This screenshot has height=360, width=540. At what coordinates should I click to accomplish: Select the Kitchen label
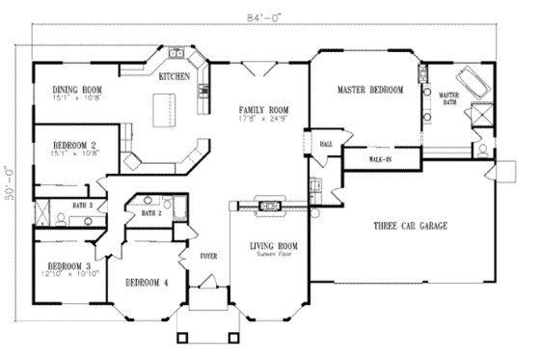[x=174, y=74]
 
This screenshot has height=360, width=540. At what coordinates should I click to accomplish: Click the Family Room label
[x=258, y=113]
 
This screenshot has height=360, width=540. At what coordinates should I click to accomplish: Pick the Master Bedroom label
[x=370, y=90]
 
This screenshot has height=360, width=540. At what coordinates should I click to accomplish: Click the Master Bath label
[x=449, y=97]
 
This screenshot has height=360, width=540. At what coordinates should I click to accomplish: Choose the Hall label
[x=326, y=144]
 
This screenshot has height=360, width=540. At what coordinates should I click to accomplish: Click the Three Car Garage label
[x=410, y=226]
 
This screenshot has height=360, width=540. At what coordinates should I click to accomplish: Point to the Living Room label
[x=273, y=246]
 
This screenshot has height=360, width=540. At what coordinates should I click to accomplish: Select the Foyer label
[x=208, y=256]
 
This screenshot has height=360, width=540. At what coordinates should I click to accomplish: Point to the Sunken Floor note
[x=273, y=254]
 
